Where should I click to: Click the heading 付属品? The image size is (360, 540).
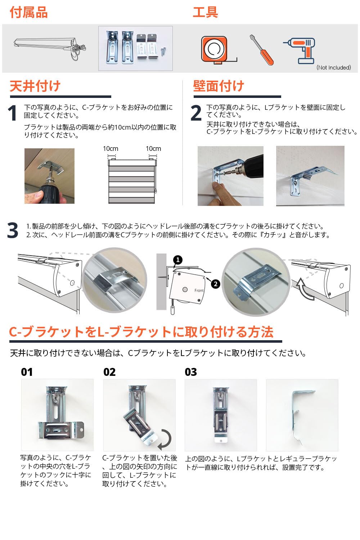coord(28,13)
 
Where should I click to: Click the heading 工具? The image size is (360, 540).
coord(205,12)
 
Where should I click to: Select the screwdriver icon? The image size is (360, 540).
coord(261,50)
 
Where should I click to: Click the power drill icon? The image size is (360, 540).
coord(300,50)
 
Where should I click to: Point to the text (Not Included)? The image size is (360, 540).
coord(333,68)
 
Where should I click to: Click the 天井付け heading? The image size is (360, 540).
coord(35,86)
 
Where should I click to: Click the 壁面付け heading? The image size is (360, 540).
coord(219,86)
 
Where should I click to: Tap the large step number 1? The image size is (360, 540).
coord(13,113)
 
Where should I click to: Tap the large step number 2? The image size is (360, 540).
coord(196,113)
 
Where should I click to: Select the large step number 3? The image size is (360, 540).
coord(13,231)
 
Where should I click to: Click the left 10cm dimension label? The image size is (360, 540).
coord(111,149)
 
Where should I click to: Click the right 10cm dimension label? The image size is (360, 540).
coord(153,149)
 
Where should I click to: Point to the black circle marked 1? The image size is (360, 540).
coord(178,260)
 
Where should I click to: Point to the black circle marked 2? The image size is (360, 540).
coord(215,284)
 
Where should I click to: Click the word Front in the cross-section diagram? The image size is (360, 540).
coord(199,291)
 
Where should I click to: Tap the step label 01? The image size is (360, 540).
coord(27,372)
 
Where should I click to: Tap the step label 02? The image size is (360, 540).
coord(109,372)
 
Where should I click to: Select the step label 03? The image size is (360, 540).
coord(191,372)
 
